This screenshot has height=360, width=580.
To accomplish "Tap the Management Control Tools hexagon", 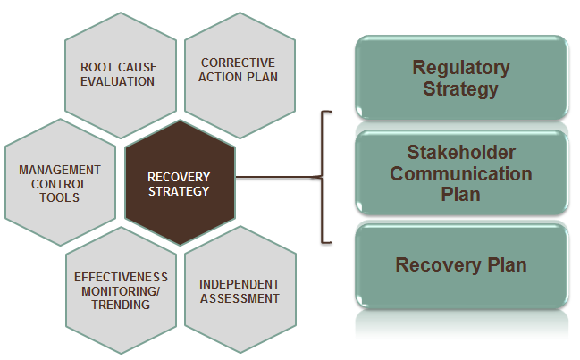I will point(60,183).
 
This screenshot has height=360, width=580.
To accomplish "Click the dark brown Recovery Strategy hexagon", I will point(179,184).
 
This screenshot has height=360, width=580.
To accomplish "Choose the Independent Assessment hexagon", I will point(239,291).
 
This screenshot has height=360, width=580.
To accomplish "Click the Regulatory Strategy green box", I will point(461,79).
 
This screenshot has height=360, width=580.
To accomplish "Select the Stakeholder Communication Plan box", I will point(461,172).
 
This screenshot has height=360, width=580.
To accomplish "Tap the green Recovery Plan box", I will point(461,265).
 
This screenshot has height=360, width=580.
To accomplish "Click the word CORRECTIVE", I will point(239,63).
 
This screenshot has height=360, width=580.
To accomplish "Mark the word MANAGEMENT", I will point(60,170).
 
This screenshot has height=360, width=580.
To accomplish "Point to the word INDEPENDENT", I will point(239,284).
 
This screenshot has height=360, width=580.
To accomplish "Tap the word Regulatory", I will point(461,68).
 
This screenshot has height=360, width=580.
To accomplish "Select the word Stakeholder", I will point(461,152).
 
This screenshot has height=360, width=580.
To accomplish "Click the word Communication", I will point(461,173).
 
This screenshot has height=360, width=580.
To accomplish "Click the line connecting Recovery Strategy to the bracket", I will point(277,176).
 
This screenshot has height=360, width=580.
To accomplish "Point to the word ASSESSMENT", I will point(239,298).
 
